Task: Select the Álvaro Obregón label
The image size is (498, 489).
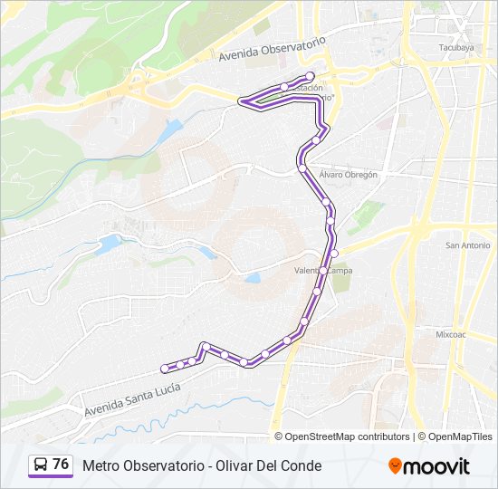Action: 348,174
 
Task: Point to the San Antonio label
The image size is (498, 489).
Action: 468,245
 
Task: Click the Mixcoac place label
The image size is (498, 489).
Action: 450,334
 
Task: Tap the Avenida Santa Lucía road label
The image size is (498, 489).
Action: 132,399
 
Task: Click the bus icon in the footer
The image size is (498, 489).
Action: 41,465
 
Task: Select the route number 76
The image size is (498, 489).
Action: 61,465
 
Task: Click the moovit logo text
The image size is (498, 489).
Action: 436,466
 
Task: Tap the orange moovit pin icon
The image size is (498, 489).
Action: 395,466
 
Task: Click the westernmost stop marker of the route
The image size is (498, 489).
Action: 164,369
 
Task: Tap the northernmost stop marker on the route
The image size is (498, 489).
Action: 311,75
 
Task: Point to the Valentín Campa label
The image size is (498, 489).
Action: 323,271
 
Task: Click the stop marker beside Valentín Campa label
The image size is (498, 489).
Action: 322,270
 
